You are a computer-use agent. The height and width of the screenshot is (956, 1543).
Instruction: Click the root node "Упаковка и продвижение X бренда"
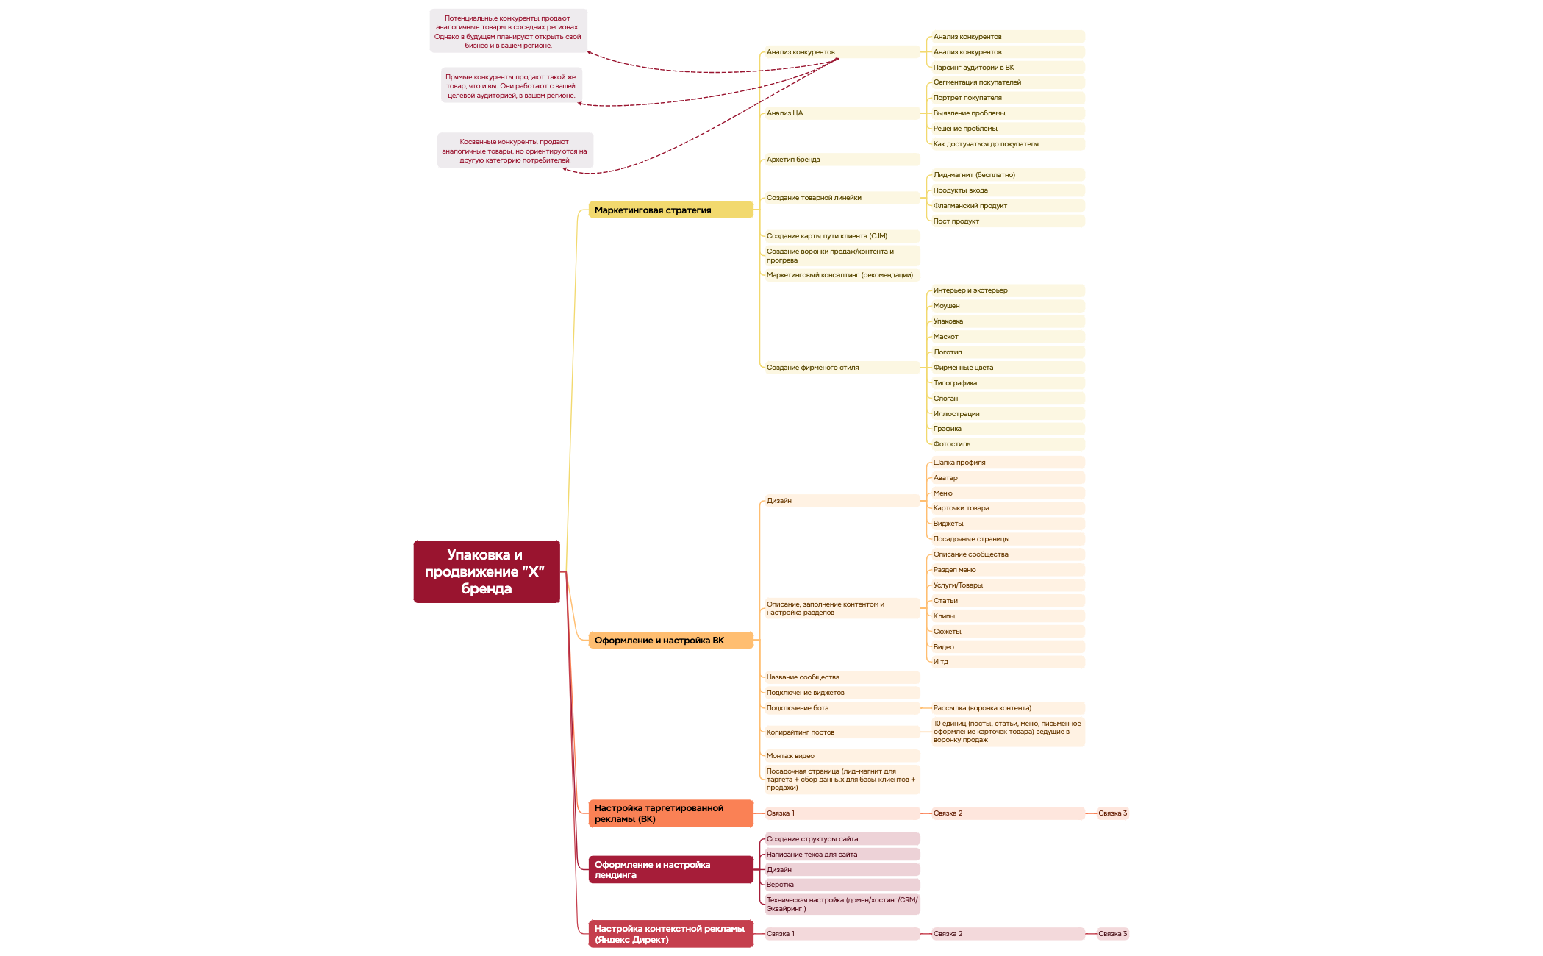coord(486,571)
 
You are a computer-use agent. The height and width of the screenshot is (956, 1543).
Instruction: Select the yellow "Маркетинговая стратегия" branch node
coord(670,210)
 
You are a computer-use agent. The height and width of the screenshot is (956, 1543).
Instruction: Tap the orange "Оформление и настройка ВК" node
coord(670,641)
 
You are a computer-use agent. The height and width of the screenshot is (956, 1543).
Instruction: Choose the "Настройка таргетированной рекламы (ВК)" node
coord(670,813)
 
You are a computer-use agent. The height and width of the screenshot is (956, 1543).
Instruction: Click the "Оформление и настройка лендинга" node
coord(670,870)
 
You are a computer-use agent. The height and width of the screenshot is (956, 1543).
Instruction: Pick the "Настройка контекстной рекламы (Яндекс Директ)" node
coord(670,934)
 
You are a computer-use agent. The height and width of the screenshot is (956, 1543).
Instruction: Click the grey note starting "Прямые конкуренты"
coord(511,86)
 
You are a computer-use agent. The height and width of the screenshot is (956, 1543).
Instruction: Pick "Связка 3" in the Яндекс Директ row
coord(1112,934)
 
